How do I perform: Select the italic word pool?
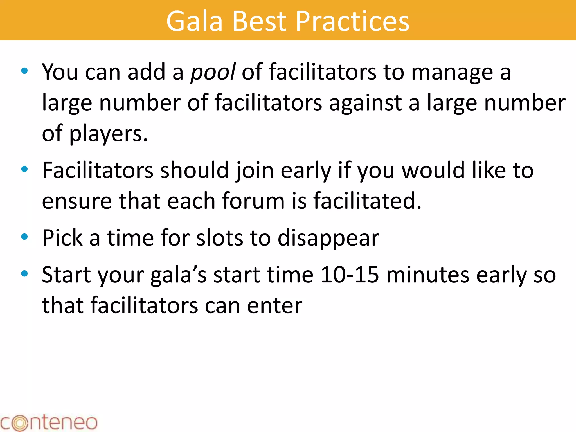coord(213,72)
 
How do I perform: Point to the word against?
coord(365,103)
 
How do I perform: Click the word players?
coord(109,134)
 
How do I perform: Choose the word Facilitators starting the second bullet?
coord(98,170)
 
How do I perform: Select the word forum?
coord(253,201)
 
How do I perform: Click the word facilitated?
coord(367,201)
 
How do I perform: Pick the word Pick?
coord(62,238)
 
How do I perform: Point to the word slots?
coord(219,238)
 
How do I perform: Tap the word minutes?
coord(427,275)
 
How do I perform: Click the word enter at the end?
coord(274,305)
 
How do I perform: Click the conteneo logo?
coord(48,422)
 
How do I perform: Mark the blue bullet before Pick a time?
coord(24,237)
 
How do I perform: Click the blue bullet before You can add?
coord(24,71)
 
